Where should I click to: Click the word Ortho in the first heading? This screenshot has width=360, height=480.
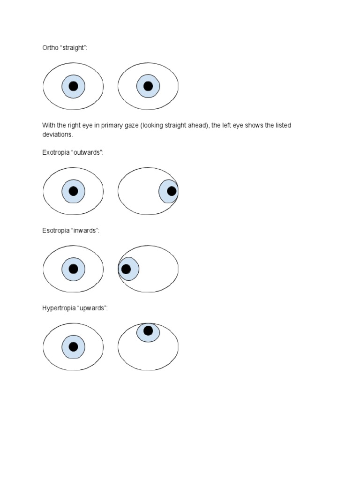(50, 48)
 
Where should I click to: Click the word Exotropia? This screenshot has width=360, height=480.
(56, 153)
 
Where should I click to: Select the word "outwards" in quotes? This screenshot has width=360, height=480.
(87, 153)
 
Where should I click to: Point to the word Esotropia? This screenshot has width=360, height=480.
(56, 231)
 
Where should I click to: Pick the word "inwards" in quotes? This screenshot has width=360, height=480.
(85, 231)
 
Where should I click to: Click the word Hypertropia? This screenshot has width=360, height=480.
(59, 308)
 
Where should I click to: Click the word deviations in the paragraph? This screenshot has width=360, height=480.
(58, 134)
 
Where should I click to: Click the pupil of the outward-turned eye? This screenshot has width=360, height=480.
(172, 191)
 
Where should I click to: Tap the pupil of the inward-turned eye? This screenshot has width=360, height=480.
(126, 269)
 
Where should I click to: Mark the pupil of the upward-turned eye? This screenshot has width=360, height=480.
(148, 331)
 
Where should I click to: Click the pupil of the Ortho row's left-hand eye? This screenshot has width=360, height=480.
(73, 86)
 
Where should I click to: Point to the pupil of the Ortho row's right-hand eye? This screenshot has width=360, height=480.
(148, 86)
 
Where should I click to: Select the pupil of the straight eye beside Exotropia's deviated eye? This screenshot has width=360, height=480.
(73, 191)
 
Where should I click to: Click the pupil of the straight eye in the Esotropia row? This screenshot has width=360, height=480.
(73, 269)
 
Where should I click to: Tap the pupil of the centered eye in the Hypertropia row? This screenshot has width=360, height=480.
(73, 347)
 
